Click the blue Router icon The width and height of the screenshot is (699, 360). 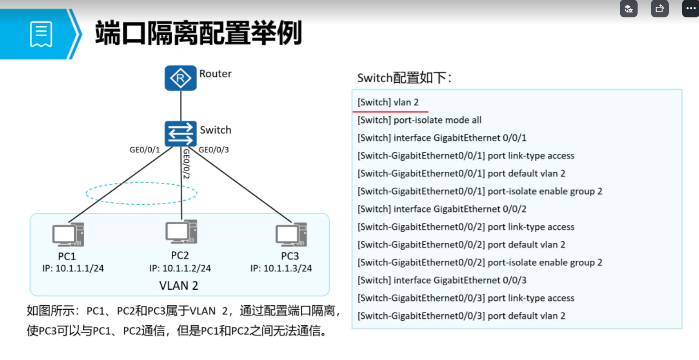[x=180, y=78]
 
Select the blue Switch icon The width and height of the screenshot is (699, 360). [x=180, y=133]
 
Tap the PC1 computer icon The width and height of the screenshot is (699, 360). [x=68, y=235]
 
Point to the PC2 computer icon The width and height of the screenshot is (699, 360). [x=181, y=232]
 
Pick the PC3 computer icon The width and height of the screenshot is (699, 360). [x=291, y=235]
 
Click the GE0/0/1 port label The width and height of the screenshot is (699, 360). [x=145, y=150]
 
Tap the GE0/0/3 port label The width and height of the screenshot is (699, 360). [x=214, y=150]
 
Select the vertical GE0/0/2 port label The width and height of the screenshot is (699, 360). [x=186, y=164]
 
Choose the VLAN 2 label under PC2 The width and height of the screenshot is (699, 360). [x=178, y=286]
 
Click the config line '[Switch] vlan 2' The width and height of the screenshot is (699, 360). [x=388, y=102]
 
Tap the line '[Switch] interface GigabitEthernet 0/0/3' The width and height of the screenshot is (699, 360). [x=442, y=280]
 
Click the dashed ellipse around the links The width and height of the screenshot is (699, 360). [x=141, y=183]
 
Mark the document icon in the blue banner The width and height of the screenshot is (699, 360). [x=41, y=34]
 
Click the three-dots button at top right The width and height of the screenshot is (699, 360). [x=691, y=8]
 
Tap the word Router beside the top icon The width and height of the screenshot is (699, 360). [x=215, y=74]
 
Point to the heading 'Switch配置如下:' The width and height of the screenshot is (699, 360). [x=404, y=78]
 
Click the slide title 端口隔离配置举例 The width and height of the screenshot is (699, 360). [x=198, y=33]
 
